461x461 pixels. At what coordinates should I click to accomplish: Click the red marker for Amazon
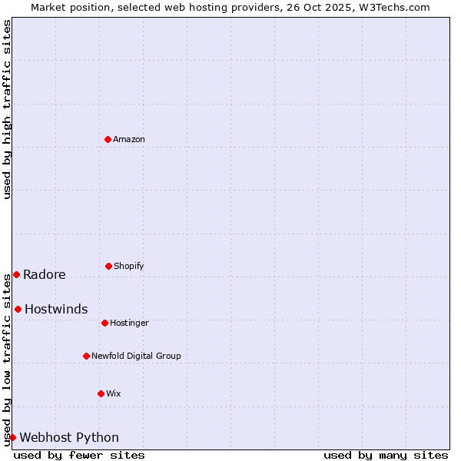point(108,139)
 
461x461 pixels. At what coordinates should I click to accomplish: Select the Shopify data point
point(108,266)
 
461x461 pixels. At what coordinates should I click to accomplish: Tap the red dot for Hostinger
point(104,323)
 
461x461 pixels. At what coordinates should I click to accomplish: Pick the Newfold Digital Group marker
point(86,356)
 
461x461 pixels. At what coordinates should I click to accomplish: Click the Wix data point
point(101,393)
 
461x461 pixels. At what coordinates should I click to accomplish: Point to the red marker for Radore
point(16,274)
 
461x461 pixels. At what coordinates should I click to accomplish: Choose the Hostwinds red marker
point(18,309)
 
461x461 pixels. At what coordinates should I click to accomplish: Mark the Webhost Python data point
point(12,437)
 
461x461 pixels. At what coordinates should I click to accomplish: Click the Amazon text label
point(129,139)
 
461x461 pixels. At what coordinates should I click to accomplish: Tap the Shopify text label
point(129,266)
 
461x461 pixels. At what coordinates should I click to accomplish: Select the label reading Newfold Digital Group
point(136,356)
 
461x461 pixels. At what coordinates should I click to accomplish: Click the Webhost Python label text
point(69,437)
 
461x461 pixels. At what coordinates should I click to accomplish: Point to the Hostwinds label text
point(56,309)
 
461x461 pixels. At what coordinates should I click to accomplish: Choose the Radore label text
point(45,274)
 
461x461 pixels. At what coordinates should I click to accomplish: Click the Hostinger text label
point(129,323)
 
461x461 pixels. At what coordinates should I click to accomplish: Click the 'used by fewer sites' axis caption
point(79,455)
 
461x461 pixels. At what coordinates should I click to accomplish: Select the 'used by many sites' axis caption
point(386,455)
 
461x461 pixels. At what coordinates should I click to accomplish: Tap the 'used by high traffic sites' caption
point(7,109)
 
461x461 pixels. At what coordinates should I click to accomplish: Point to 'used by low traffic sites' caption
point(7,359)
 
